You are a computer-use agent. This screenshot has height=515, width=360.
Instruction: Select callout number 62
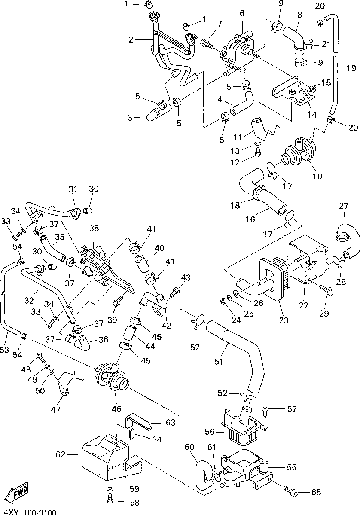(61, 454)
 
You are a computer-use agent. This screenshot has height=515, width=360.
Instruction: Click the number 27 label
(343, 206)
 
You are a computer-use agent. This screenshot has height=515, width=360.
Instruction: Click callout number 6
(242, 13)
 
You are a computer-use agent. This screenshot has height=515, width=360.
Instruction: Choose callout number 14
(312, 115)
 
